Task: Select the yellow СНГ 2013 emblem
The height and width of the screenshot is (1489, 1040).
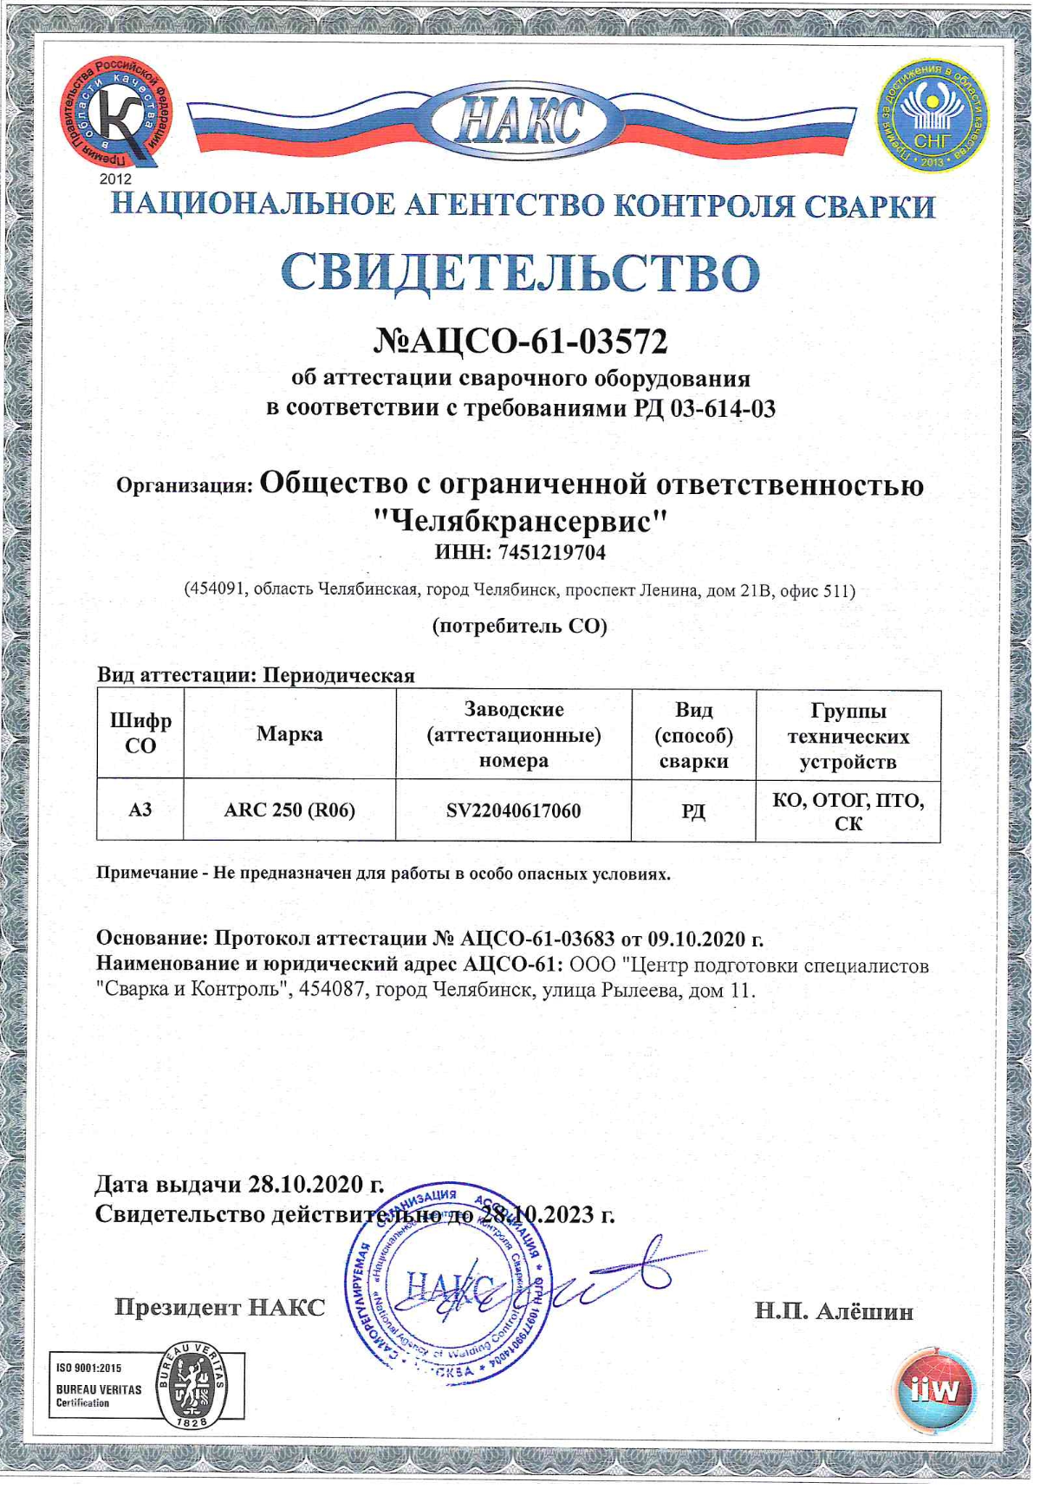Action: [932, 115]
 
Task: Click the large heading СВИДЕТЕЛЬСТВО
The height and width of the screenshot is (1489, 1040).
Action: [520, 272]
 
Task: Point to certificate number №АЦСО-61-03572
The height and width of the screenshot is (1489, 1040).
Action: [520, 341]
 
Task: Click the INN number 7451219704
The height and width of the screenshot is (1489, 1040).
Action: [556, 552]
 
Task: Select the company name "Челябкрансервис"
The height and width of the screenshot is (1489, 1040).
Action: [520, 520]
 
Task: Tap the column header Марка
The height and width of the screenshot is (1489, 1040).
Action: [289, 734]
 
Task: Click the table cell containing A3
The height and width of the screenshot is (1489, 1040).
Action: [140, 810]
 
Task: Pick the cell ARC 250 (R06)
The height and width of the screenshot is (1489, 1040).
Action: [289, 810]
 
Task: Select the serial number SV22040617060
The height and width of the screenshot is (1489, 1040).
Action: [513, 810]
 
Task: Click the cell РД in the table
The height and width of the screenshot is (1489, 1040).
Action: [693, 811]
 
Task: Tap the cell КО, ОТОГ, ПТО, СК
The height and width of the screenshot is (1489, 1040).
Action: [848, 811]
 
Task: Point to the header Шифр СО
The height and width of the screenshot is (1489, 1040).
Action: [140, 733]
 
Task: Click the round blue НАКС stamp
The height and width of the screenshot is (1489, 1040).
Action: [448, 1281]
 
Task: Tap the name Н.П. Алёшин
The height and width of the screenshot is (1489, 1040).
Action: [834, 1311]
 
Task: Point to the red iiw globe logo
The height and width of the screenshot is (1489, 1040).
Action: [933, 1389]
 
